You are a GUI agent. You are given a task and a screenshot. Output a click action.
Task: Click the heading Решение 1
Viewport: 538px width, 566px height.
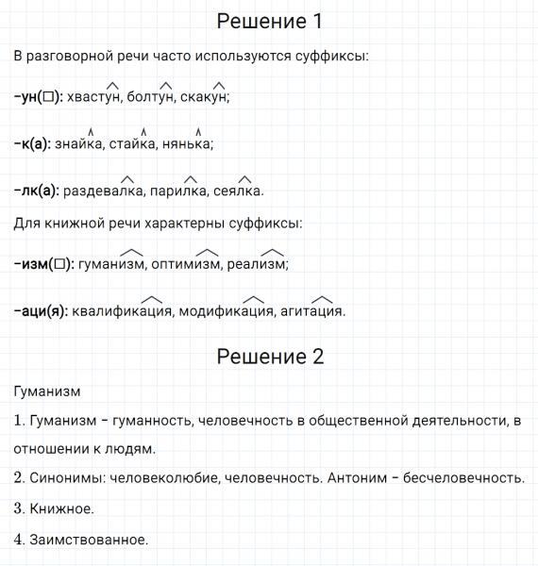tap(269, 21)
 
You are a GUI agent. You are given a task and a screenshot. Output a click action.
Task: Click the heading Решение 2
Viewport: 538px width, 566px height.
tap(269, 357)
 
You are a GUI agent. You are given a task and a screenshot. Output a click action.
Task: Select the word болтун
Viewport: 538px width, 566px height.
tap(151, 97)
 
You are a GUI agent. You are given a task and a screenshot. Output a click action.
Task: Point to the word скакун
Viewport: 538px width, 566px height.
tap(204, 97)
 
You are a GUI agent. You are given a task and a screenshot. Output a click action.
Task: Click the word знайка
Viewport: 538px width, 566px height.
tap(79, 144)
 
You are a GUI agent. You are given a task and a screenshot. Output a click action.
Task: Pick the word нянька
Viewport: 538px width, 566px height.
tap(188, 144)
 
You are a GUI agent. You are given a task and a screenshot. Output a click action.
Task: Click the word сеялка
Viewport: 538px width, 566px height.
tap(239, 191)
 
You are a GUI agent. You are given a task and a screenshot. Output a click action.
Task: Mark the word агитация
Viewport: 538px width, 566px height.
tap(312, 310)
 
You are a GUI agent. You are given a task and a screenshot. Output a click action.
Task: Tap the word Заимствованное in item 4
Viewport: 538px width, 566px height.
tap(89, 540)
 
